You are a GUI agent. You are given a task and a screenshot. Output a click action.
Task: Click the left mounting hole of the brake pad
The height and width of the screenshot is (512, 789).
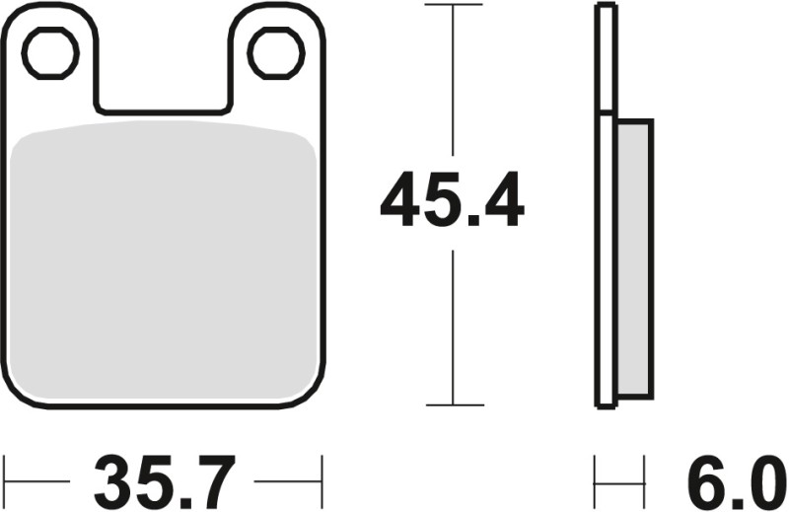pos(50,53)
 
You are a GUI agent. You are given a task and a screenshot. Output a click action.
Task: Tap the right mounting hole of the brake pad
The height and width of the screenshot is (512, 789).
pos(275,53)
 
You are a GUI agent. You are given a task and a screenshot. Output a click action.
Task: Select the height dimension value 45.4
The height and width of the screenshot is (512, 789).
pos(453,200)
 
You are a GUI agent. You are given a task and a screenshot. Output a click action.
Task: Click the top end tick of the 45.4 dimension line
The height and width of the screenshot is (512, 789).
pos(453,5)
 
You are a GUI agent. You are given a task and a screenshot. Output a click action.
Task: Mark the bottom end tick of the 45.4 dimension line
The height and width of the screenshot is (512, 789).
pos(453,404)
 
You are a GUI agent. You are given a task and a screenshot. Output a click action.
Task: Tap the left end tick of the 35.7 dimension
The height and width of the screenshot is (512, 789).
pos(6,482)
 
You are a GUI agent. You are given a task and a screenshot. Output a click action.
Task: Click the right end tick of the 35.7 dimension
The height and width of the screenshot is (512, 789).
pos(323,482)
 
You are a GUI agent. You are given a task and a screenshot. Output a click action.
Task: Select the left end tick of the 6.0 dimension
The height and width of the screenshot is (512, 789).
pos(596,482)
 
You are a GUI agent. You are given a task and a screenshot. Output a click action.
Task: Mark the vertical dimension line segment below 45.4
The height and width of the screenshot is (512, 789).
pos(453,326)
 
